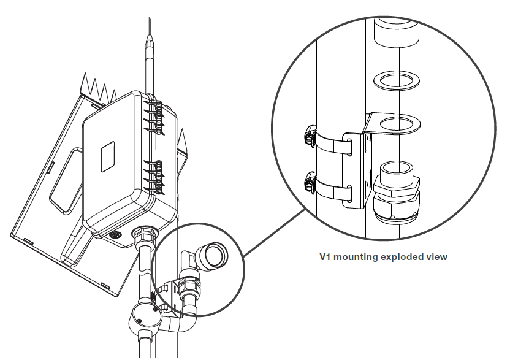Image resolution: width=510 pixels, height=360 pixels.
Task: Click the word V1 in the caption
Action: coord(325,257)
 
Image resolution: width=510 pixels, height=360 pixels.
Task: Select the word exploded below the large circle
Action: coord(402,257)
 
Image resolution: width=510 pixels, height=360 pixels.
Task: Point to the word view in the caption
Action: coord(437,257)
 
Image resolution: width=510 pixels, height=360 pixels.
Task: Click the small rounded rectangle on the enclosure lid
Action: coord(107,156)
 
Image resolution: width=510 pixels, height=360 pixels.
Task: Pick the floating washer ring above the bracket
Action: coord(396,80)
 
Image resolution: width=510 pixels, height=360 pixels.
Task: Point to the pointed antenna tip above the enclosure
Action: coord(150,39)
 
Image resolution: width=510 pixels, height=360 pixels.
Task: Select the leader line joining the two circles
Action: coord(275,232)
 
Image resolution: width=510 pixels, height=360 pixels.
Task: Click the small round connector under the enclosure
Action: coord(114,235)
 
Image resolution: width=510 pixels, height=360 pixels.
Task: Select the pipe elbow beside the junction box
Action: coord(181,321)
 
